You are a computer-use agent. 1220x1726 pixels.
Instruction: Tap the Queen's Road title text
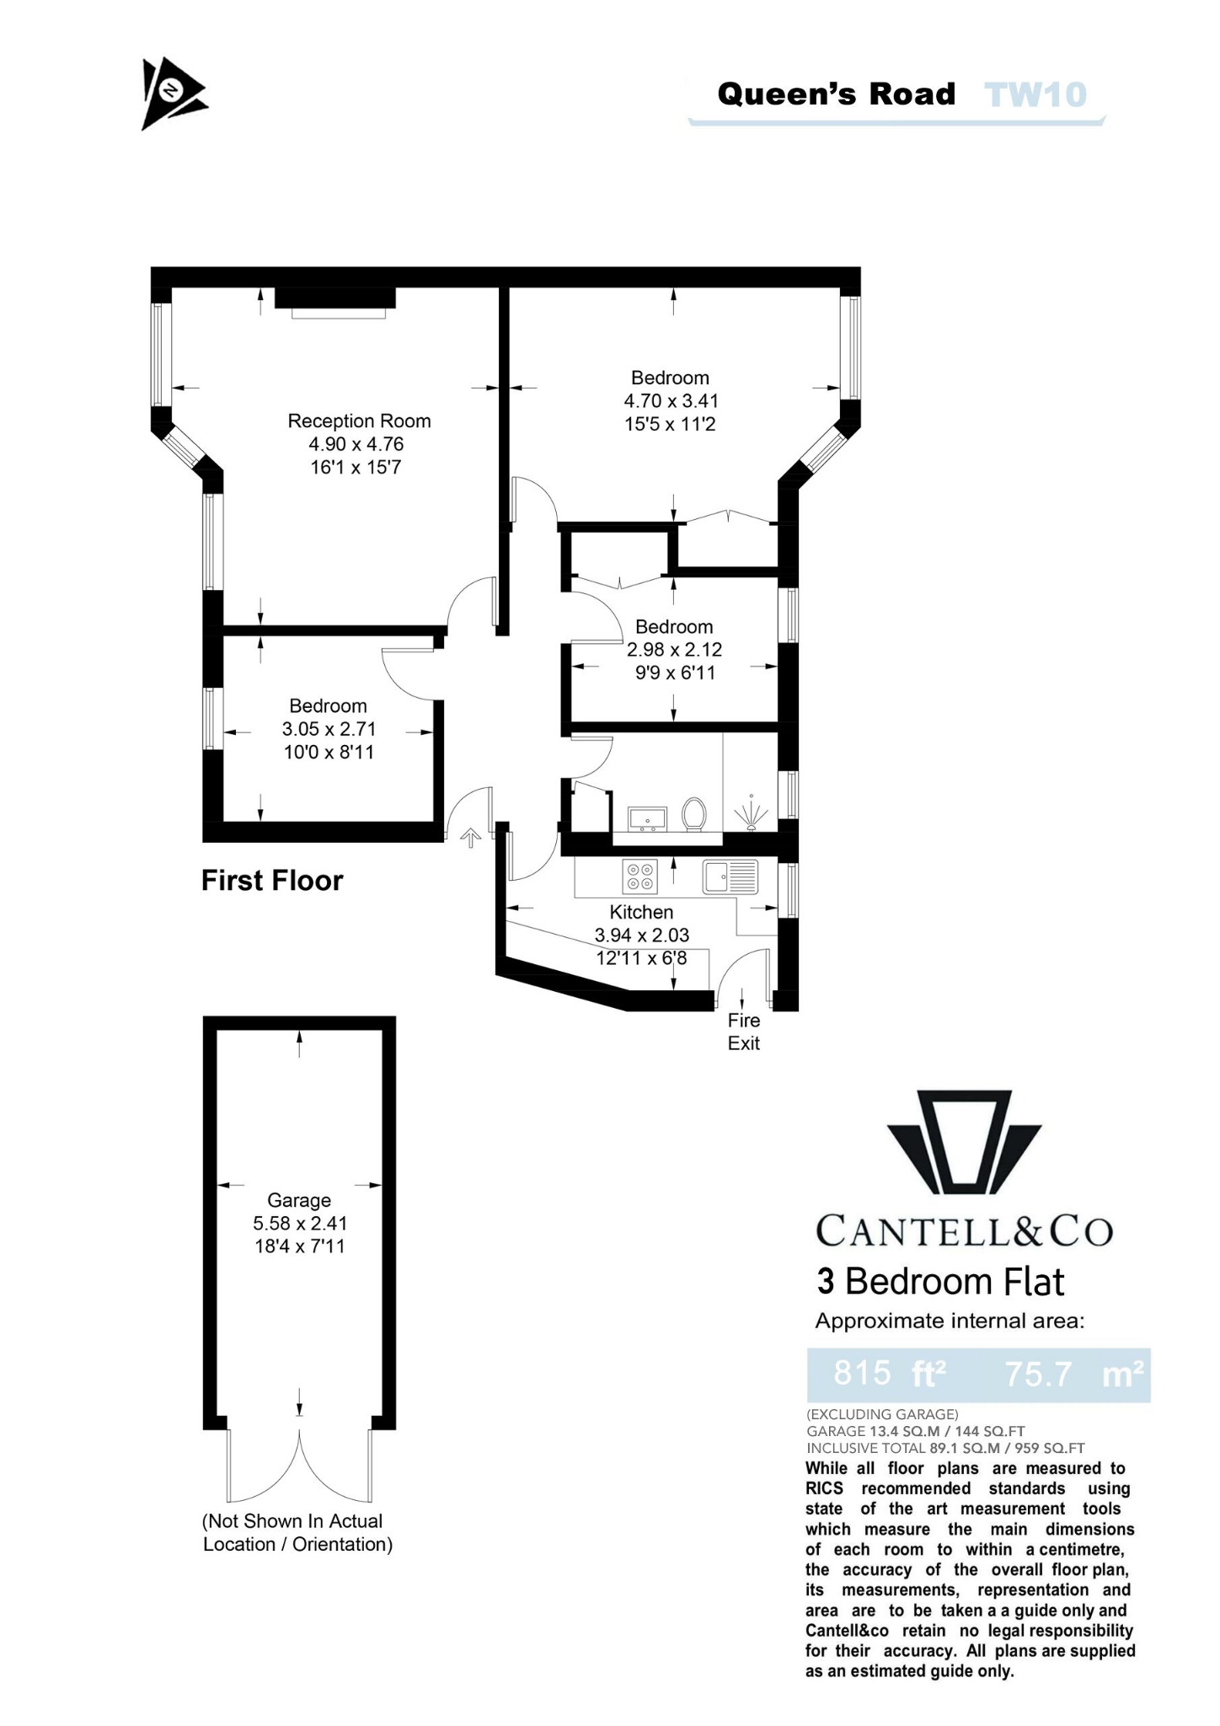click(x=836, y=94)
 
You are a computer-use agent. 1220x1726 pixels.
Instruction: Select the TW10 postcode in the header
click(x=1035, y=94)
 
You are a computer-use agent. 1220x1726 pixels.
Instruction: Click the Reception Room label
click(x=359, y=421)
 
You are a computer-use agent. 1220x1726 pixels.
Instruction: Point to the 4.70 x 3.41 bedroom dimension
click(x=671, y=401)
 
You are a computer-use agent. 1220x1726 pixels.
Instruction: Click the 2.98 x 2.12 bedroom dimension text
click(x=674, y=650)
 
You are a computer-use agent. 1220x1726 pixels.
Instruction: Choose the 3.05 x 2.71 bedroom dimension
click(x=329, y=729)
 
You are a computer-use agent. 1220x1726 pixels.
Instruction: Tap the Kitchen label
click(x=641, y=912)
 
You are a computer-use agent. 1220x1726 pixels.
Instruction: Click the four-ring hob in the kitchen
click(x=639, y=876)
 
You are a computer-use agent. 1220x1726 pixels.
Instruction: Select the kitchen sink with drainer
click(x=730, y=876)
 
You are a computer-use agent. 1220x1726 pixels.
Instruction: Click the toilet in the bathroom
click(x=694, y=815)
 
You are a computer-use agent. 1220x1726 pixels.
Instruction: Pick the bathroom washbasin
click(x=647, y=817)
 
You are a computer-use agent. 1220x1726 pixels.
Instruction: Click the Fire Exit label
click(x=744, y=1032)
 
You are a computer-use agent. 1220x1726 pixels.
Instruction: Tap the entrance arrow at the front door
click(x=470, y=837)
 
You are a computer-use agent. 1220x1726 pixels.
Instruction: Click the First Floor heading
click(x=272, y=881)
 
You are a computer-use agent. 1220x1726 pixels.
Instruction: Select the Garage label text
click(x=299, y=1200)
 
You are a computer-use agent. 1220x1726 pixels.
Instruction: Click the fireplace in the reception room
click(x=336, y=302)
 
